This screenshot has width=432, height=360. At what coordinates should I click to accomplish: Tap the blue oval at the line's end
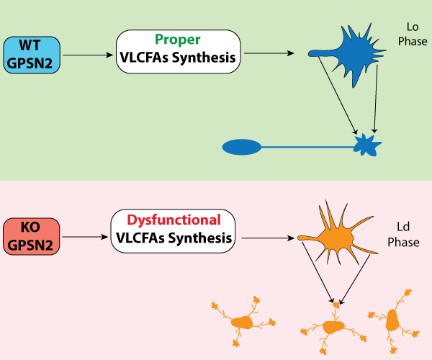240,148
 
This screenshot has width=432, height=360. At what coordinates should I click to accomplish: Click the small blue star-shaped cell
366,145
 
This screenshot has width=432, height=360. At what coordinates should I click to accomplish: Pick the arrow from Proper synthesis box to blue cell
266,53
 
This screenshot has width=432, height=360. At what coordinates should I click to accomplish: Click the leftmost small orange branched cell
245,324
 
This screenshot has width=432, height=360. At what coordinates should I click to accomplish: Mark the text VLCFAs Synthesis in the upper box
177,58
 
